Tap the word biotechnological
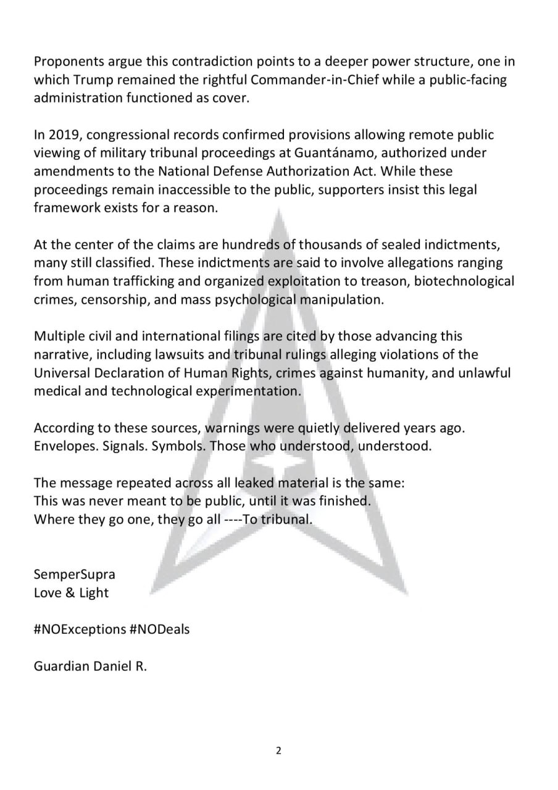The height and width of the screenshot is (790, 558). pyautogui.click(x=464, y=281)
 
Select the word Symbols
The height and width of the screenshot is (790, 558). pyautogui.click(x=178, y=446)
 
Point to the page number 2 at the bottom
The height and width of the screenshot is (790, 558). pyautogui.click(x=278, y=750)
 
